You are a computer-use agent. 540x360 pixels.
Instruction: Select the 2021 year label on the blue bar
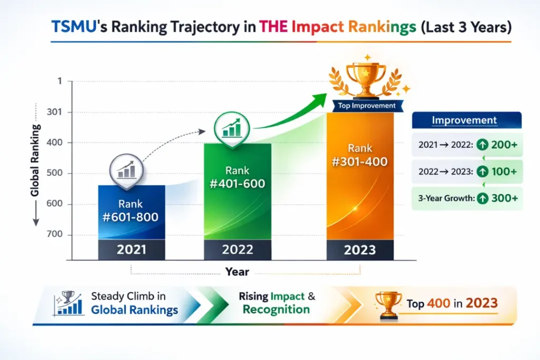[x=131, y=249]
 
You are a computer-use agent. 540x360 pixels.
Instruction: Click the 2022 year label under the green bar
[x=237, y=249]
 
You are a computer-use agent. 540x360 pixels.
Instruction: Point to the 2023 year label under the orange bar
[x=360, y=249]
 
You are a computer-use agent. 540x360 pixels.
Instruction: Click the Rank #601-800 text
[x=131, y=210]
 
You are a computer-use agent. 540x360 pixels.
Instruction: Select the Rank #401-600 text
[x=237, y=177]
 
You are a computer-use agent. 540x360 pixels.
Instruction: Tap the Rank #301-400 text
[x=360, y=155]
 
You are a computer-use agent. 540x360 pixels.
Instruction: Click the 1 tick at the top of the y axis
[x=60, y=82]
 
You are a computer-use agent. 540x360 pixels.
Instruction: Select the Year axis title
[x=237, y=272]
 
